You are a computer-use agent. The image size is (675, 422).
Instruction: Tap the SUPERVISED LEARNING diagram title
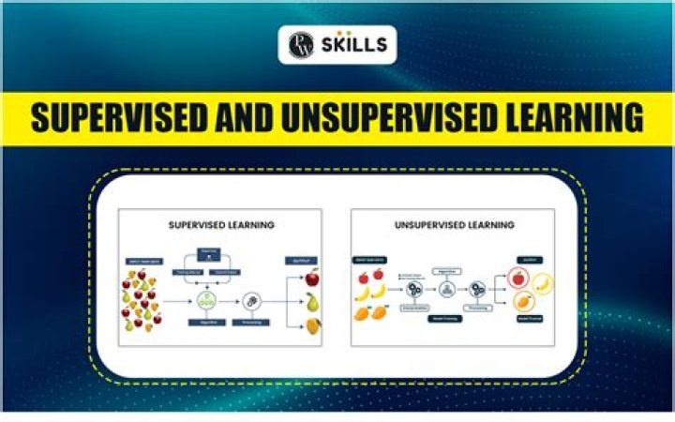tap(221, 225)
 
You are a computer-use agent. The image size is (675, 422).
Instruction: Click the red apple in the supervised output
tap(311, 278)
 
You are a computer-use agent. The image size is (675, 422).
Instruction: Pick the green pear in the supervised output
tap(311, 302)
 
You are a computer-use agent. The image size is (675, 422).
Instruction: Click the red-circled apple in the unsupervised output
tap(515, 279)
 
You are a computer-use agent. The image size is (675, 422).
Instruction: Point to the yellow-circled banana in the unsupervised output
tap(543, 284)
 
